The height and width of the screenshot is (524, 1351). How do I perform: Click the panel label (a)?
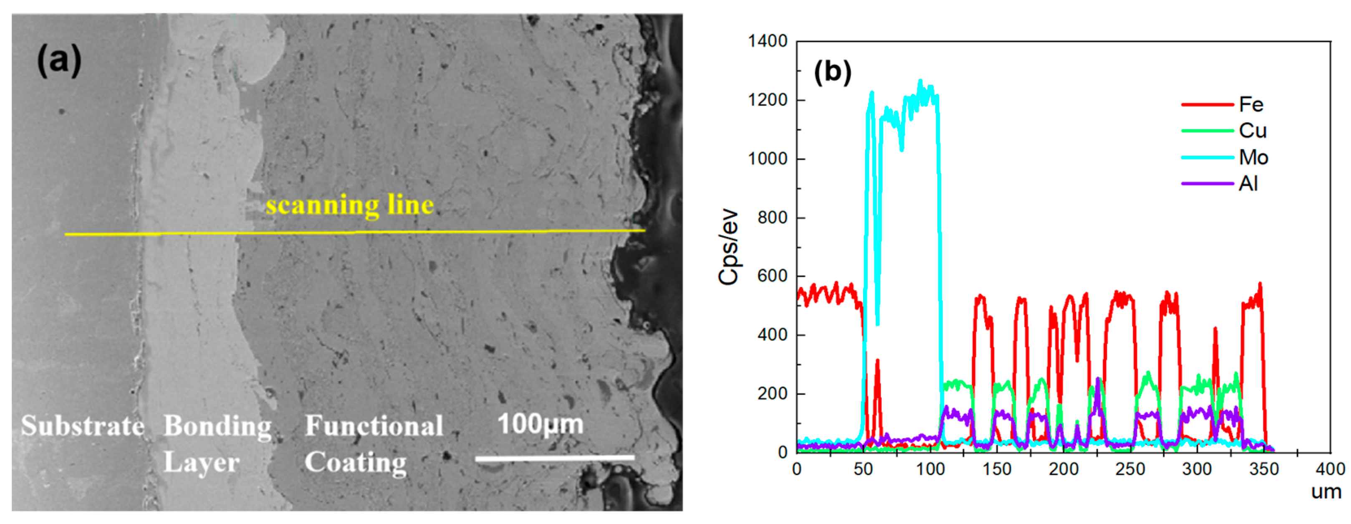(59, 60)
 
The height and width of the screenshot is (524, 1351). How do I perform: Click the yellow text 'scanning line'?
(350, 205)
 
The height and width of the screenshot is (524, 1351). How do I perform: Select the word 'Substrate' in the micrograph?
(82, 425)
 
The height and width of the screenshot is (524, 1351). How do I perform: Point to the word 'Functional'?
(374, 425)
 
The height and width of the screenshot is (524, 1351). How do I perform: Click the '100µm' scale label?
(540, 424)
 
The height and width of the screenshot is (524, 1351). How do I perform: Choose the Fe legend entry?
(1250, 104)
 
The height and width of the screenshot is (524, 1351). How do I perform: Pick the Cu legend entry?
(1252, 131)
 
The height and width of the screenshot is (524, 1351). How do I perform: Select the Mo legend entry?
(1253, 157)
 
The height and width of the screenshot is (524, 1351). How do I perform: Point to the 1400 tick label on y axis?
(767, 41)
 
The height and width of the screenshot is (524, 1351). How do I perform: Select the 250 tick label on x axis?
(1130, 468)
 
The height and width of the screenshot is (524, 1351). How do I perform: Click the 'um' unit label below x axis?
(1326, 492)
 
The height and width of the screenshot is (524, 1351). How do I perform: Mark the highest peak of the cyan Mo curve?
(920, 80)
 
